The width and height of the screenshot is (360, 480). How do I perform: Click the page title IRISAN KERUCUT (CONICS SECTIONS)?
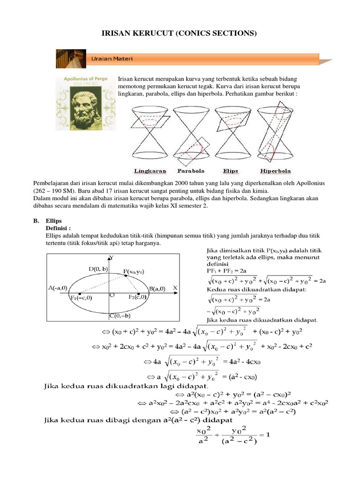[x=180, y=33]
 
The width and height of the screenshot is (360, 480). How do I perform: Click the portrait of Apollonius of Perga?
[x=85, y=103]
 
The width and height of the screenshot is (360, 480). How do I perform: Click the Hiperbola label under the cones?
[x=276, y=171]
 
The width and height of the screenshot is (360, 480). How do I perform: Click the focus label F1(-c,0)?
[x=81, y=298]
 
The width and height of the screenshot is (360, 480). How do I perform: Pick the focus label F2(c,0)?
[x=137, y=297]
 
